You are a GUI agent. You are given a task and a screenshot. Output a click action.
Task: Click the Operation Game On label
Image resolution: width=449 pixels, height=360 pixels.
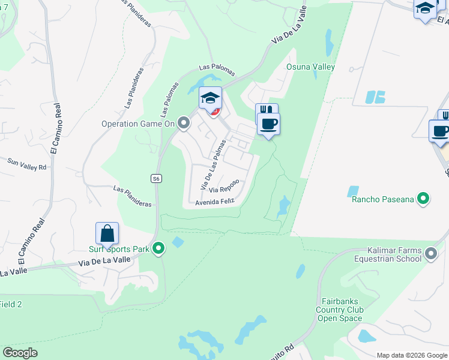pyautogui.click(x=137, y=124)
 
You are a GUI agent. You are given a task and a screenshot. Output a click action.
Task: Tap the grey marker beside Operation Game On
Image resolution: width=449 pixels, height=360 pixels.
pyautogui.click(x=184, y=124)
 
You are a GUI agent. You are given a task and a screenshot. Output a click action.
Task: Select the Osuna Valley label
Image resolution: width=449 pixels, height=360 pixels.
pyautogui.click(x=310, y=67)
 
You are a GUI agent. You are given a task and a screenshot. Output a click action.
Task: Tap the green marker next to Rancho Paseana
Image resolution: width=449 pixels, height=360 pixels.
pyautogui.click(x=424, y=198)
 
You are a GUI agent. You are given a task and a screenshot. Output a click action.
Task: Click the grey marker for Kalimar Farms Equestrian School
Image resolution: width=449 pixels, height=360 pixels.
pyautogui.click(x=431, y=254)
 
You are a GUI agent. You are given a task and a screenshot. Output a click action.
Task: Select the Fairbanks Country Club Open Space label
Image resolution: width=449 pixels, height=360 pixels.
pyautogui.click(x=340, y=310)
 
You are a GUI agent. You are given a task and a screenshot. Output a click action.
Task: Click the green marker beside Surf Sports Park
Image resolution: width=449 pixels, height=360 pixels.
pyautogui.click(x=158, y=248)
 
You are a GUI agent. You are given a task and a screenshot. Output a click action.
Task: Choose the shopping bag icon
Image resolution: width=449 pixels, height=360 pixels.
pyautogui.click(x=107, y=233)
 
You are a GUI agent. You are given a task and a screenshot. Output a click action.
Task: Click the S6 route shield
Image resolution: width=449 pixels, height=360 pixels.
pyautogui.click(x=155, y=178)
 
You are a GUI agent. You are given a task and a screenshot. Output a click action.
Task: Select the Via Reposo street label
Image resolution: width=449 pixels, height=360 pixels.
pyautogui.click(x=224, y=186)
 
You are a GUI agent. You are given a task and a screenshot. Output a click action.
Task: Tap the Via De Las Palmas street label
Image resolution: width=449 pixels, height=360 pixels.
pyautogui.click(x=213, y=166)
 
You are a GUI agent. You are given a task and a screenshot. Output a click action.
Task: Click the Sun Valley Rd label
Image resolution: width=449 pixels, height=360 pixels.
pyautogui.click(x=27, y=164)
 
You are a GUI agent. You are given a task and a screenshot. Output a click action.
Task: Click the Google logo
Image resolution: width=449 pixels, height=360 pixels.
pyautogui.click(x=20, y=353)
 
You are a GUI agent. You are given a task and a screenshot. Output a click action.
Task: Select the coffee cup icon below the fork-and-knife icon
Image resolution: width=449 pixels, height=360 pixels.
pyautogui.click(x=268, y=124)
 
